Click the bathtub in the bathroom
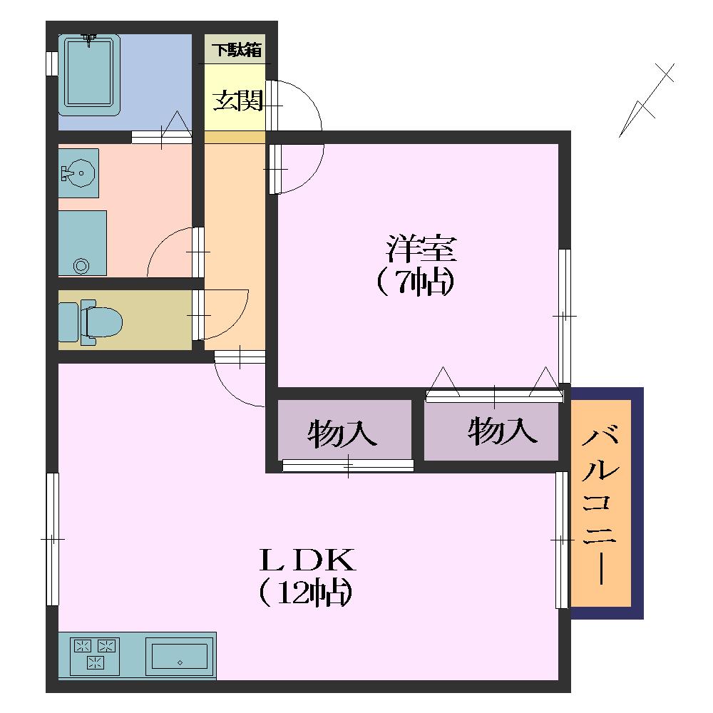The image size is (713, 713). tap(90, 76)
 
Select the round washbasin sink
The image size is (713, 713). tap(80, 173)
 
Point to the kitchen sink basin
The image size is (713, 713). tap(180, 656)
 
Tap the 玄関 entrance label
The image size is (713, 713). tap(239, 101)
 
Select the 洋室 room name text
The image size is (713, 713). tap(421, 248)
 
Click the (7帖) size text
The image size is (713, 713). tap(416, 282)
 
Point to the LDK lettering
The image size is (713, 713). tap(307, 560)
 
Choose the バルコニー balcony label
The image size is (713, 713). tap(600, 505)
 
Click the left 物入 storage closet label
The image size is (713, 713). tap(342, 434)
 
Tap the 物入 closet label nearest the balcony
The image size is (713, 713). tap(503, 430)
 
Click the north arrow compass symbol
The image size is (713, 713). tap(646, 101)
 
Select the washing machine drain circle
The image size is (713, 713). tap(81, 265)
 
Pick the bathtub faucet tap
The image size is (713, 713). tap(90, 39)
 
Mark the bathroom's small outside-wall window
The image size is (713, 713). tap(52, 63)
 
